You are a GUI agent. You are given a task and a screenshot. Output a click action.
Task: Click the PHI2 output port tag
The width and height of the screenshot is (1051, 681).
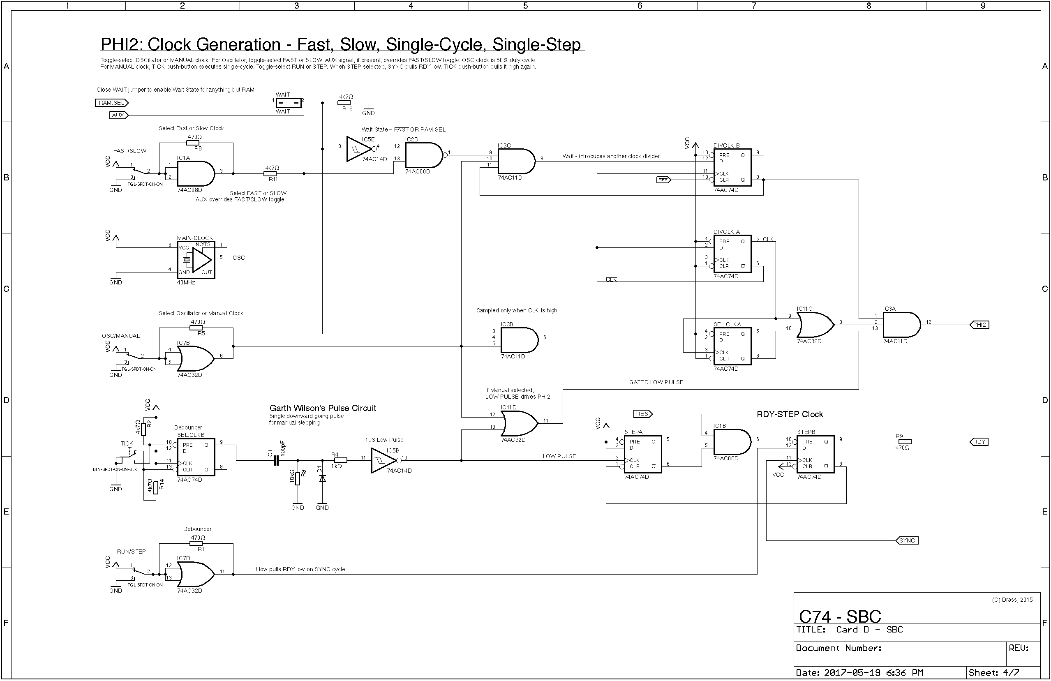(x=979, y=325)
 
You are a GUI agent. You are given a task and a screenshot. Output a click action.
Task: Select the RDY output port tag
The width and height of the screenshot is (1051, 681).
(x=979, y=442)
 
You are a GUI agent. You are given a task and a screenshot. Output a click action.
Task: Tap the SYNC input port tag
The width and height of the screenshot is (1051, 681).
(x=907, y=540)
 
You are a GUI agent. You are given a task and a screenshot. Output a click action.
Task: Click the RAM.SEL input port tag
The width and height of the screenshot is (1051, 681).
(x=112, y=103)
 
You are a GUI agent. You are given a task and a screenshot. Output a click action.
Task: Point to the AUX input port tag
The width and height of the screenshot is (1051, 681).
(x=118, y=115)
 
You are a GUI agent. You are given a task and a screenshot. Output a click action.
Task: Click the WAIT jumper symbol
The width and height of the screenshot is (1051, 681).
(x=289, y=103)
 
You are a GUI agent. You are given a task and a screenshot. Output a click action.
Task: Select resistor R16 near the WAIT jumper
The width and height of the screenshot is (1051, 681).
(x=344, y=103)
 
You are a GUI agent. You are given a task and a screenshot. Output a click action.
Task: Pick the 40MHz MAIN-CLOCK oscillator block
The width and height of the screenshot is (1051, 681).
(x=196, y=260)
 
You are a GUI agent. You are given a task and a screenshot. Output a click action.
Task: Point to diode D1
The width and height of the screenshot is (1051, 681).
(x=322, y=478)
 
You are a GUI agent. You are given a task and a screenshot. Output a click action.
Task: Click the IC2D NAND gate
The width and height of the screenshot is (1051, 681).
(x=423, y=155)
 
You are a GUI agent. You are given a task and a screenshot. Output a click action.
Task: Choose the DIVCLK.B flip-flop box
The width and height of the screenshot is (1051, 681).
(x=732, y=167)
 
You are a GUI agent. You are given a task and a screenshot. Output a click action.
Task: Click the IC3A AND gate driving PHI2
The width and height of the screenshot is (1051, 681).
(x=901, y=325)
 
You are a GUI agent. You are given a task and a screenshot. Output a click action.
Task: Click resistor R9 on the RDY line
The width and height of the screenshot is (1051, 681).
(x=904, y=442)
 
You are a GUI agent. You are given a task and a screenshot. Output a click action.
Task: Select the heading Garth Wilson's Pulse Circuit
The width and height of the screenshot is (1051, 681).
(x=323, y=408)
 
